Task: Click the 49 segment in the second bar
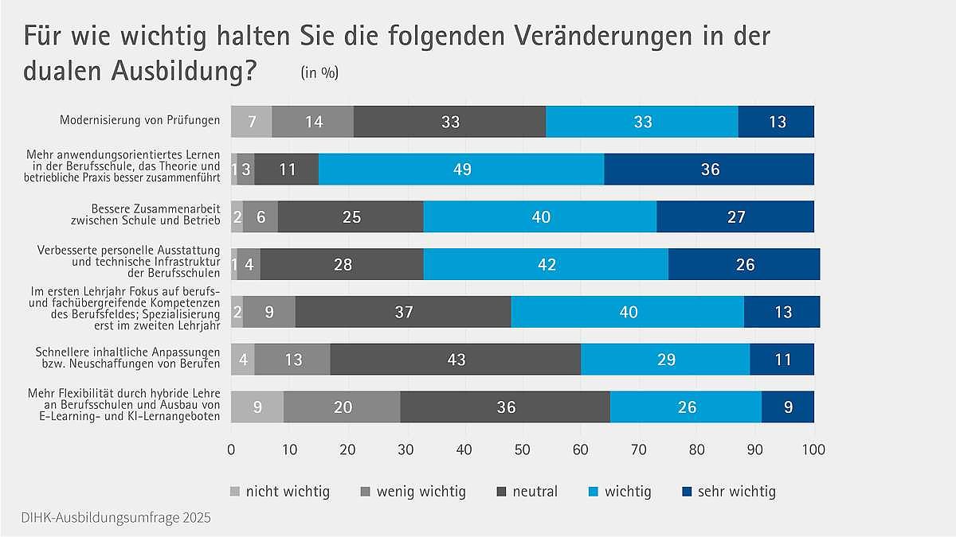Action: pyautogui.click(x=461, y=169)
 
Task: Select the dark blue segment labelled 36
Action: pyautogui.click(x=709, y=169)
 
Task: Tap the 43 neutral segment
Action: pyautogui.click(x=456, y=360)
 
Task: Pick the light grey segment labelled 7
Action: pyautogui.click(x=251, y=122)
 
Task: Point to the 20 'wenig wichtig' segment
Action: pyautogui.click(x=343, y=407)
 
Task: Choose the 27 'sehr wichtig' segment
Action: pyautogui.click(x=735, y=217)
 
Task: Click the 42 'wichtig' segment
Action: pyautogui.click(x=546, y=264)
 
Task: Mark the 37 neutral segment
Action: pyautogui.click(x=403, y=312)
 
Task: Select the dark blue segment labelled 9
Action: pyautogui.click(x=788, y=407)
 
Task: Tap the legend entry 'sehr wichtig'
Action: pyautogui.click(x=736, y=491)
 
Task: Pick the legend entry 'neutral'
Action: pyautogui.click(x=535, y=491)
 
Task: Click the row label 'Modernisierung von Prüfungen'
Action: pyautogui.click(x=140, y=121)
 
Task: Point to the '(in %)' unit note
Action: pyautogui.click(x=319, y=73)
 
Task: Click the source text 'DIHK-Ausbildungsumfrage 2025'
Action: pyautogui.click(x=106, y=518)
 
